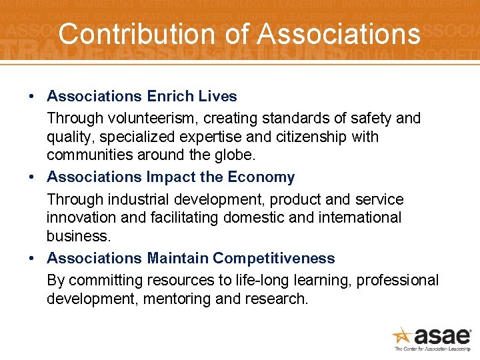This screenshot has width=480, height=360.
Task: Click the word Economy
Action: click(261, 177)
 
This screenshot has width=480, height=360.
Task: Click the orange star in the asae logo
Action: click(401, 335)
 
